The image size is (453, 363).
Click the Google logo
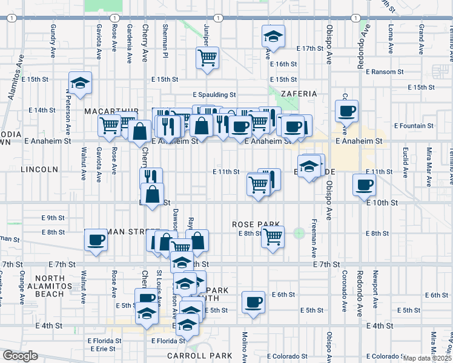click(x=19, y=356)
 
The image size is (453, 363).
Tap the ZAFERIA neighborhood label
click(x=299, y=94)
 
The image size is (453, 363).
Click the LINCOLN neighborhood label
click(x=38, y=169)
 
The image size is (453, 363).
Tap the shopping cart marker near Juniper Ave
click(x=207, y=58)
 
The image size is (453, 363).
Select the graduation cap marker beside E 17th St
click(x=274, y=36)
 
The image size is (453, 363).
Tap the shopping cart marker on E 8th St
click(x=273, y=237)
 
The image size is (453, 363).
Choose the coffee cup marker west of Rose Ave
click(x=96, y=240)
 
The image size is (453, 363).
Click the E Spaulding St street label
click(x=214, y=95)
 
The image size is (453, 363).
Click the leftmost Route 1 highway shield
click(x=12, y=18)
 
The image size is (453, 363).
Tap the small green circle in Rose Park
click(x=299, y=233)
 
